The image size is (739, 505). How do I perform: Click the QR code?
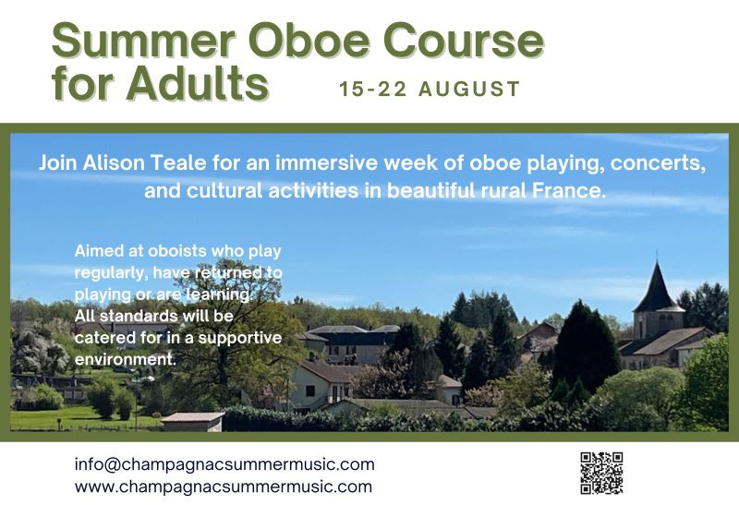click(x=601, y=473)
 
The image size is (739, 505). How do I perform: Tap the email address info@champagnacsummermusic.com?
click(x=224, y=464)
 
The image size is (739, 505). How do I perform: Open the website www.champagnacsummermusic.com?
click(x=224, y=487)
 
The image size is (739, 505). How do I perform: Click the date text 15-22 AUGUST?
click(x=430, y=90)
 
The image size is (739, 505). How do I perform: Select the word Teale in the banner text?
click(x=191, y=163)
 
